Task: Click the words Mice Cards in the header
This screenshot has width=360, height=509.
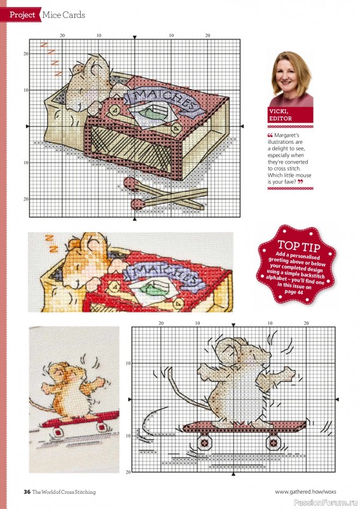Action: pos(64,14)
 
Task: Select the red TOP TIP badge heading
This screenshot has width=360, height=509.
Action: pos(294,246)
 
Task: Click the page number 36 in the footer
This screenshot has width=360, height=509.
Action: pos(27,491)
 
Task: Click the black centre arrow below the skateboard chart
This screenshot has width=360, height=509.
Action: pos(235,474)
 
